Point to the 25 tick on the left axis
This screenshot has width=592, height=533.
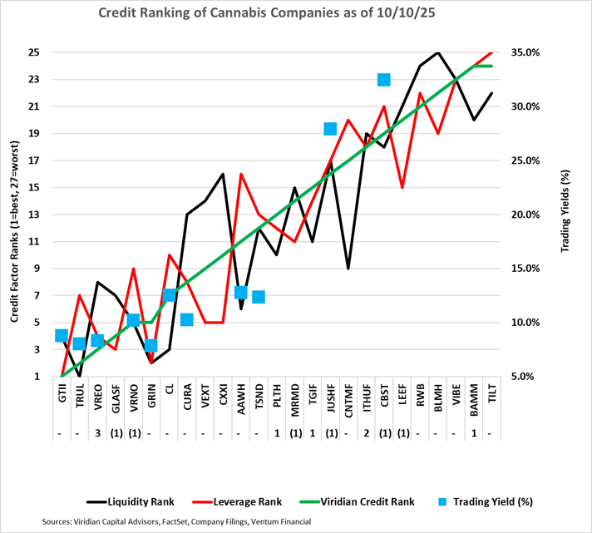click(34, 52)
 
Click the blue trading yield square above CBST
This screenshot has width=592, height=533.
click(384, 80)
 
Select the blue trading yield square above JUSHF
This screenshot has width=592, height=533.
click(330, 128)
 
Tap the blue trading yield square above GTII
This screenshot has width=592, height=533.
click(62, 335)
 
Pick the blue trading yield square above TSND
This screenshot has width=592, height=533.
click(259, 296)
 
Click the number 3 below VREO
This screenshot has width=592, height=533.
click(98, 433)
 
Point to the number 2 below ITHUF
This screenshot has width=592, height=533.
click(366, 433)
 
